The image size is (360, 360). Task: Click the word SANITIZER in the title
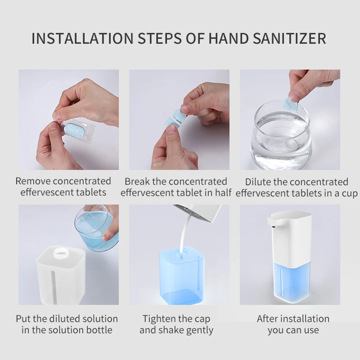[289, 39]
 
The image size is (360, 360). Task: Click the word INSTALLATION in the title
[82, 39]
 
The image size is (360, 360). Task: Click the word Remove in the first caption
[33, 181]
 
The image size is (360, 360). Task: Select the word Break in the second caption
[137, 181]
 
